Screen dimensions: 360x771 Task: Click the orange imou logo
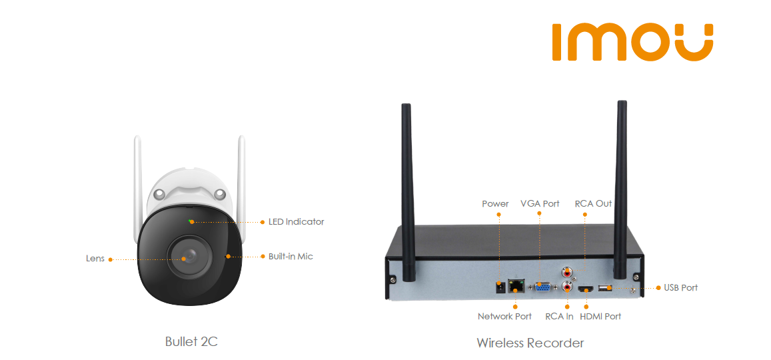[632, 43]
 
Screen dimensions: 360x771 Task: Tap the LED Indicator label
[296, 221]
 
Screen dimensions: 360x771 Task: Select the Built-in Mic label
[291, 256]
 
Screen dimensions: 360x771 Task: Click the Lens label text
[95, 259]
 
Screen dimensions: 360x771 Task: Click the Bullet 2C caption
[191, 341]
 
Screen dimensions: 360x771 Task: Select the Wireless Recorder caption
[530, 343]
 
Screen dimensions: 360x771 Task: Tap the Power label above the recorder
[495, 203]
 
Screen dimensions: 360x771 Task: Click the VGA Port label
[540, 203]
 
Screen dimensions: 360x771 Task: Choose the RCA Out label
[593, 203]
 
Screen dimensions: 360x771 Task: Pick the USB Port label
[680, 287]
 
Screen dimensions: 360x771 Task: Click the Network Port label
[504, 316]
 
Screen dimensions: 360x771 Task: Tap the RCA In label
[559, 316]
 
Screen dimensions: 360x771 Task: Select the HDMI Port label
[600, 316]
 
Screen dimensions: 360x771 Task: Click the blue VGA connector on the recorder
[542, 287]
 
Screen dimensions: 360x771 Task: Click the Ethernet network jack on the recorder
[515, 286]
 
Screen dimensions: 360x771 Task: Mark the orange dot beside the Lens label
[111, 259]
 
